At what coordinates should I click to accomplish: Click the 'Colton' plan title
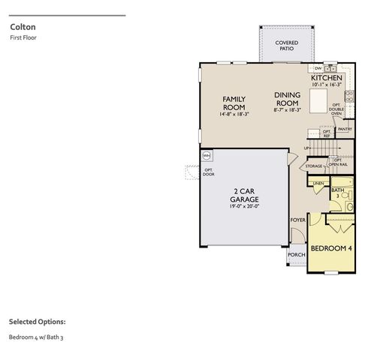(x=20, y=25)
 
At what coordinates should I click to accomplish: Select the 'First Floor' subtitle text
(x=23, y=37)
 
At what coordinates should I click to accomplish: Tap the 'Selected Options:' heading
(x=37, y=321)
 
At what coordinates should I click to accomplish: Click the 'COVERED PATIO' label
(x=286, y=46)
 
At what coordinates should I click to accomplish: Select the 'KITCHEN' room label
(x=327, y=78)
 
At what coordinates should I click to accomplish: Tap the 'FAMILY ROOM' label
(x=234, y=103)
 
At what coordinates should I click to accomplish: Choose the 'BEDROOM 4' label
(x=332, y=248)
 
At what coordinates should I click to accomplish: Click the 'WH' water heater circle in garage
(x=207, y=155)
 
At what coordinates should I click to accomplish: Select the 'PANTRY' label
(x=345, y=129)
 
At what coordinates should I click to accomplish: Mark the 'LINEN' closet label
(x=318, y=184)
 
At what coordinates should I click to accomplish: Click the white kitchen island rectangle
(x=318, y=100)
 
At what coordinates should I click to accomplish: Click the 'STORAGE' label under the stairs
(x=313, y=166)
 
